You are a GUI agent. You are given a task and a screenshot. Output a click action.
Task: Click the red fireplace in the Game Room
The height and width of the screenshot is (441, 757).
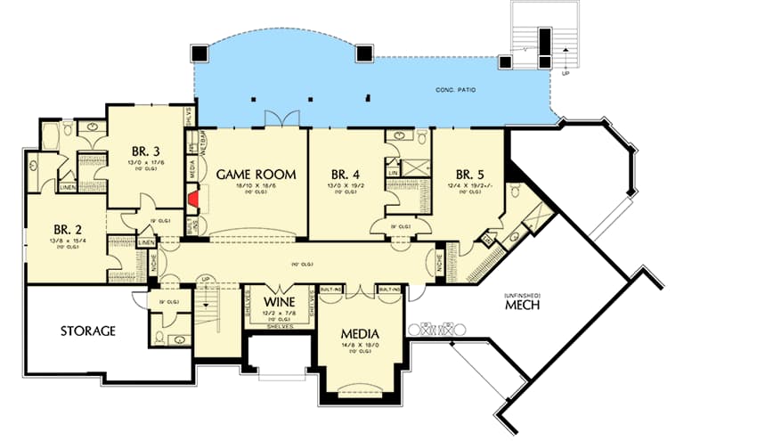coord(191,198)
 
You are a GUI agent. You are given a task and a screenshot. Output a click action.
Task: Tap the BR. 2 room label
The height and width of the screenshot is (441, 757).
coord(68,227)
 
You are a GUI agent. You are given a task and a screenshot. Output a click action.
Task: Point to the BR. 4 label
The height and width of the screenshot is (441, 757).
coord(346,174)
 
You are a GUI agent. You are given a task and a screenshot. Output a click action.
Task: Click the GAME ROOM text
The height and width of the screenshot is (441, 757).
coord(256,175)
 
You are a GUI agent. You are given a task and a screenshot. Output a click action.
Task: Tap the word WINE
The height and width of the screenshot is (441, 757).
coord(274,302)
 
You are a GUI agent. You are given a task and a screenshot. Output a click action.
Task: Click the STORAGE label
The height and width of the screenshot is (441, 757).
coord(88,331)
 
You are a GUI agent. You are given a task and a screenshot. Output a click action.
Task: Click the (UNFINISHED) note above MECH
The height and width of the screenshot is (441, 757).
coord(519,294)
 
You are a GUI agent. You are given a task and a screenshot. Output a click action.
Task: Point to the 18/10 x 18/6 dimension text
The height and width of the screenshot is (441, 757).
coord(256,187)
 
